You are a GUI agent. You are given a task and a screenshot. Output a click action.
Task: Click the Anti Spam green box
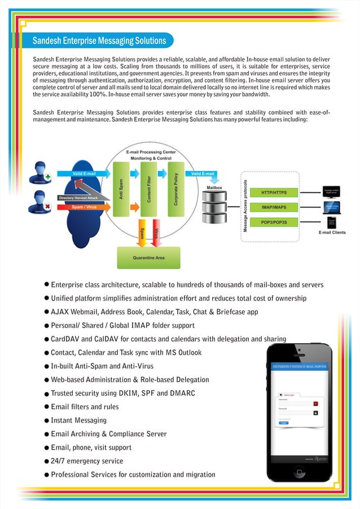[120, 190]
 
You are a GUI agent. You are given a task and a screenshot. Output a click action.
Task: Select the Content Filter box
[148, 190]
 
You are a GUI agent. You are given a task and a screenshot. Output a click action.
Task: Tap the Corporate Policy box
[176, 190]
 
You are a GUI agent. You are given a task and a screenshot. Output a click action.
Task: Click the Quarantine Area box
[148, 257]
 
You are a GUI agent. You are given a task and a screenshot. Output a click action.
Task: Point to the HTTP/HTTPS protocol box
[274, 193]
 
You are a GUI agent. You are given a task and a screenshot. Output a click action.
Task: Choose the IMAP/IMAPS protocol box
[274, 208]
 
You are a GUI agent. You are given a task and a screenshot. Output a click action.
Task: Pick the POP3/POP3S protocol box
[274, 222]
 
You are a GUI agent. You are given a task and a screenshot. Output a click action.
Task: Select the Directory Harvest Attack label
[78, 198]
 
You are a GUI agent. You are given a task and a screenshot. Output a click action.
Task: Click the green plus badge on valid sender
[48, 176]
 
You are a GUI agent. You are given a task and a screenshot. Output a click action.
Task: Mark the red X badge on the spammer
[48, 207]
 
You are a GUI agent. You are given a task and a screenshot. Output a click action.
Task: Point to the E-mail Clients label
[332, 232]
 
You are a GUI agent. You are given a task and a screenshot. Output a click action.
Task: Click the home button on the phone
[299, 472]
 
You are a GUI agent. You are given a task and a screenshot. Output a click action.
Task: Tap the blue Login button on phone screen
[284, 422]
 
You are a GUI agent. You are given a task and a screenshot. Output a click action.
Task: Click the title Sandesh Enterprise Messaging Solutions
[99, 41]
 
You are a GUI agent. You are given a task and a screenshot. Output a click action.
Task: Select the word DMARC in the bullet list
[182, 393]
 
